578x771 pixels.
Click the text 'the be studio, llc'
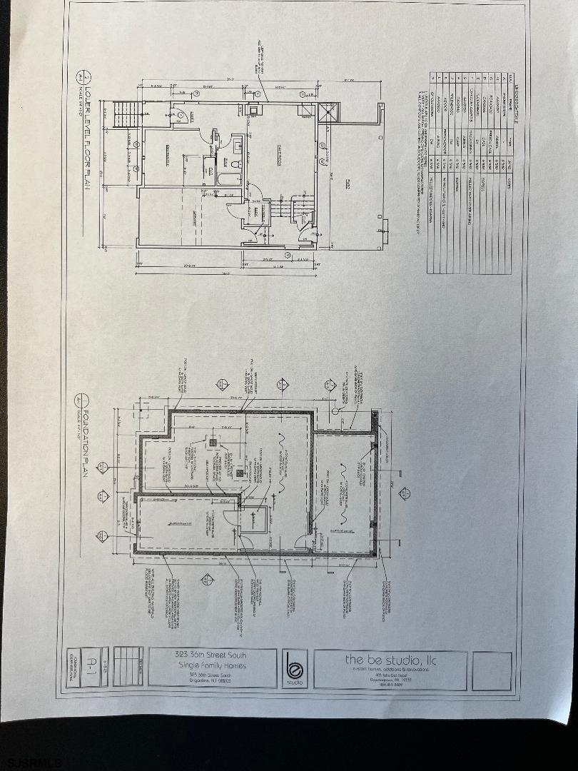pos(390,660)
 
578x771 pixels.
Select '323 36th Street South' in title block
pos(212,655)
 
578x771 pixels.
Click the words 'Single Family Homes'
pos(212,665)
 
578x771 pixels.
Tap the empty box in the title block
pos(492,670)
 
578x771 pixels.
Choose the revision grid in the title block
pos(128,667)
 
